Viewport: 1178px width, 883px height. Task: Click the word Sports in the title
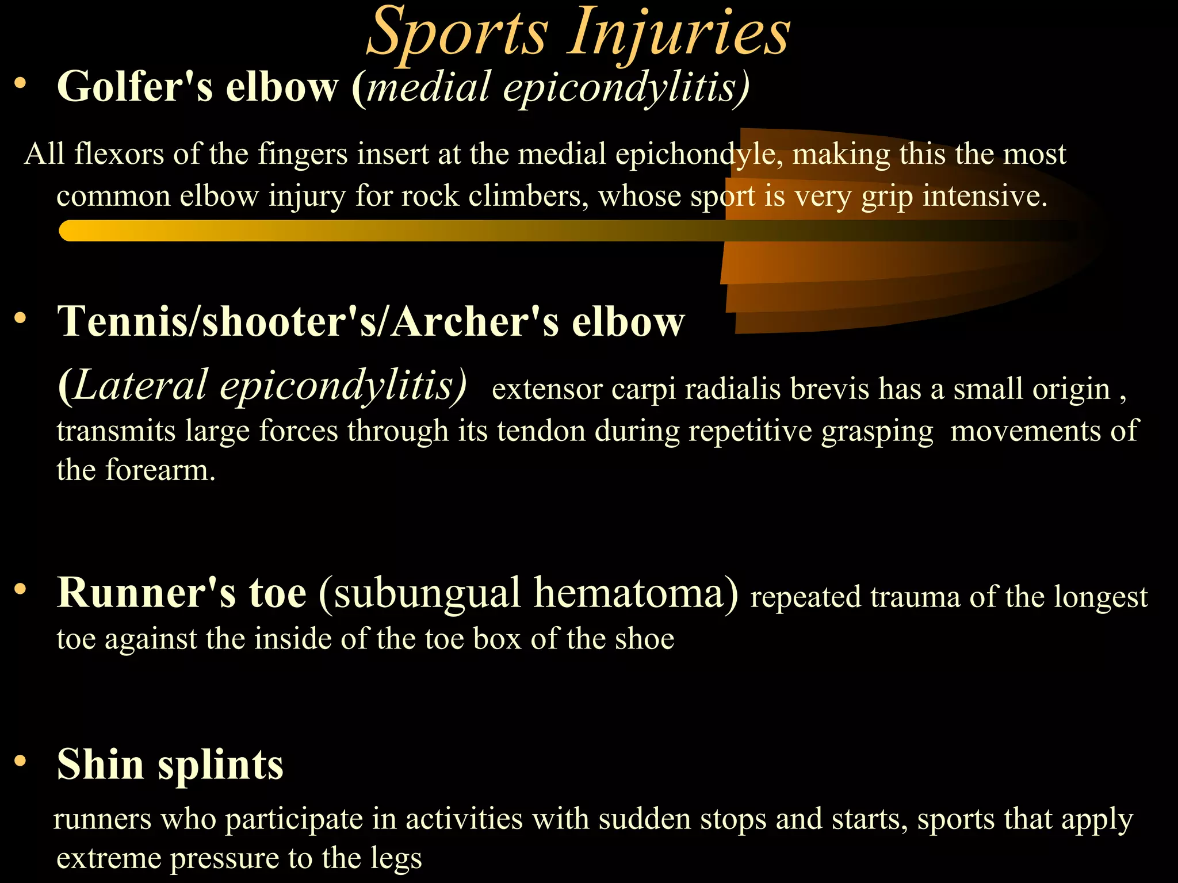click(457, 33)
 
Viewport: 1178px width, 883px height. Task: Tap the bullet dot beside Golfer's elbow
click(21, 84)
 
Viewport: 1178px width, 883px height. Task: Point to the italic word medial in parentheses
click(429, 87)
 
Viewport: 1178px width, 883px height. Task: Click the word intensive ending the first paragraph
click(985, 197)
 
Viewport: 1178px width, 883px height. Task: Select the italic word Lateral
click(140, 385)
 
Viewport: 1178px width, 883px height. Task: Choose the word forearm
click(160, 470)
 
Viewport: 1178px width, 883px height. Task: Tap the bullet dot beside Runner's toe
click(21, 589)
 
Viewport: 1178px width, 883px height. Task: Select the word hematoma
click(636, 593)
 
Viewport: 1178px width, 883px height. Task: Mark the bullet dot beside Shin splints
click(21, 761)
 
